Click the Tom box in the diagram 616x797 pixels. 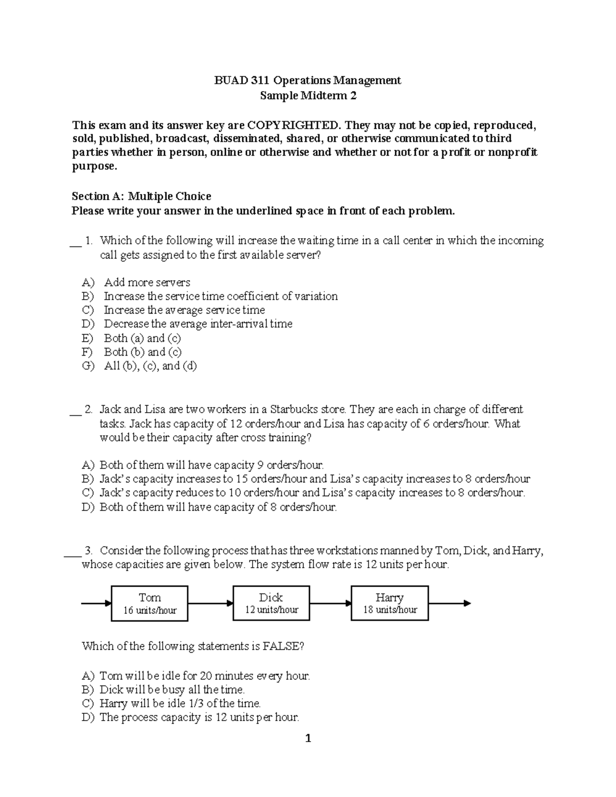(x=149, y=604)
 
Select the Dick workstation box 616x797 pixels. (x=271, y=604)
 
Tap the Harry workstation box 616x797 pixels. (x=390, y=604)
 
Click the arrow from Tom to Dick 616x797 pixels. (x=210, y=604)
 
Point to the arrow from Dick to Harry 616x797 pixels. (x=331, y=604)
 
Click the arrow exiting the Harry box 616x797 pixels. (x=449, y=604)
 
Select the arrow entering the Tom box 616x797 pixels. (x=97, y=604)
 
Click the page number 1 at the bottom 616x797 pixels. (x=308, y=739)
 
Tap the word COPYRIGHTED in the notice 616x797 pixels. (x=294, y=125)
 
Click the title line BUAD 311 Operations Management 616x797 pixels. (x=307, y=80)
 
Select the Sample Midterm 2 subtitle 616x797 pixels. (x=308, y=95)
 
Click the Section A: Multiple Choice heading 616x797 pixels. (x=141, y=196)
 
